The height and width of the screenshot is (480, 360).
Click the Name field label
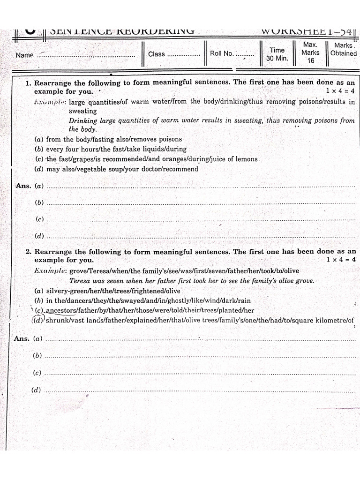point(24,55)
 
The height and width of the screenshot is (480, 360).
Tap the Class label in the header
point(157,54)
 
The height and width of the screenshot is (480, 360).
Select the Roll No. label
point(222,53)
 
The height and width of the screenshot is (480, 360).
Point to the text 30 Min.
point(277,59)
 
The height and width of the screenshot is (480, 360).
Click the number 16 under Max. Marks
point(311,61)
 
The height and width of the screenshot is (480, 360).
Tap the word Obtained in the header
point(343,53)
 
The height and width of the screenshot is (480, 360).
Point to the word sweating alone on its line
point(83,111)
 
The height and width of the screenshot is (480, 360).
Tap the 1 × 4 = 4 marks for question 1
point(341,91)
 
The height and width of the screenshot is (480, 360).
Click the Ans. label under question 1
point(23,186)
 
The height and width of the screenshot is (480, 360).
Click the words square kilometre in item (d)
point(321,321)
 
